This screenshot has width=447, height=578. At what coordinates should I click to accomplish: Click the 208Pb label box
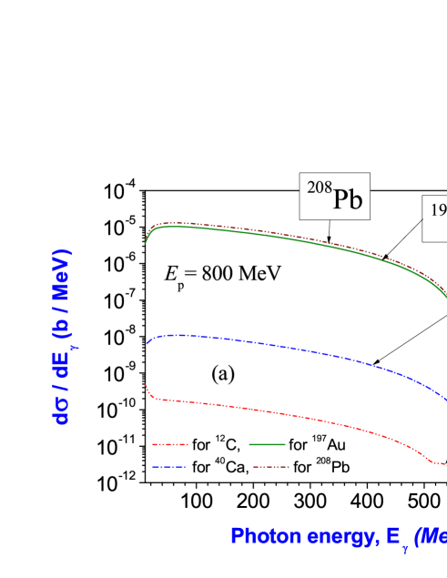pyautogui.click(x=334, y=196)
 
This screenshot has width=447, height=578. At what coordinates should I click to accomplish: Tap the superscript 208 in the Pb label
pyautogui.click(x=319, y=188)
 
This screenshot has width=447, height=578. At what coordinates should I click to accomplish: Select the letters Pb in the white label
pyautogui.click(x=347, y=199)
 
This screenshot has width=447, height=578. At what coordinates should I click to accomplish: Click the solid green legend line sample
pyautogui.click(x=267, y=445)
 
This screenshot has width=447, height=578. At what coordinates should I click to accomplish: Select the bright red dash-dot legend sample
pyautogui.click(x=170, y=445)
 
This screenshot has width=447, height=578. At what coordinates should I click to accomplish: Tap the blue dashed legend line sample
pyautogui.click(x=169, y=466)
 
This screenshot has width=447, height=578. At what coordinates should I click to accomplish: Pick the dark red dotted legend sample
pyautogui.click(x=270, y=466)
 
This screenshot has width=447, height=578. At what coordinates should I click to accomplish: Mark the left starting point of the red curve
pyautogui.click(x=147, y=385)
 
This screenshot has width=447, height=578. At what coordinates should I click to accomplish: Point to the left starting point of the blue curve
pyautogui.click(x=147, y=343)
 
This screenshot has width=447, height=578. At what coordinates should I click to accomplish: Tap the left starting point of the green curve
pyautogui.click(x=147, y=243)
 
